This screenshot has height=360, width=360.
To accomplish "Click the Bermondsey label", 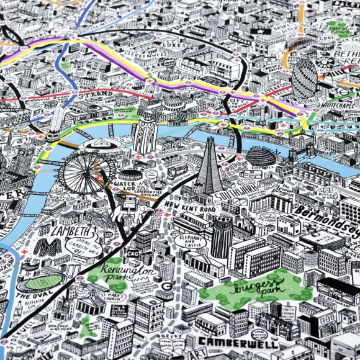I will (326, 217).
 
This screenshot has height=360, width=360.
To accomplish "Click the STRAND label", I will (97, 94).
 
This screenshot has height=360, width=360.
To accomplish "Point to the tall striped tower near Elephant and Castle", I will (221, 236).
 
